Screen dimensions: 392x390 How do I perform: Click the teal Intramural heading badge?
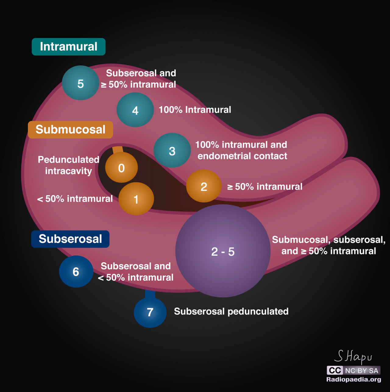tap(69, 47)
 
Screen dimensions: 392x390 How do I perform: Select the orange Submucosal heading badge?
tap(70, 130)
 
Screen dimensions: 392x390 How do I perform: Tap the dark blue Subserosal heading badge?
tap(70, 239)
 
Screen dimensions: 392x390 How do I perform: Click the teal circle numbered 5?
tap(80, 83)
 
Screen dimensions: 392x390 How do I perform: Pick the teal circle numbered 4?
tap(135, 110)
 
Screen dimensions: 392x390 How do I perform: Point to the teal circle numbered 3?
tap(172, 151)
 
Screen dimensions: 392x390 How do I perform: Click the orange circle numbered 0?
tap(121, 168)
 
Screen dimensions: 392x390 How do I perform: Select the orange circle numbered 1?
tap(136, 199)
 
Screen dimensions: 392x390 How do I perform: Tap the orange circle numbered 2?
tap(204, 186)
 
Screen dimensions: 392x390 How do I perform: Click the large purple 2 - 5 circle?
tap(223, 251)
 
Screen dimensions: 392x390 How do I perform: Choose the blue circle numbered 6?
tap(76, 271)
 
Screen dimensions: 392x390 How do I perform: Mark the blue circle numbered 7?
tap(150, 312)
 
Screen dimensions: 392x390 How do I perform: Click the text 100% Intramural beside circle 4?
tap(195, 110)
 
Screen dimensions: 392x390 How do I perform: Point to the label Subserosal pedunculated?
tap(231, 311)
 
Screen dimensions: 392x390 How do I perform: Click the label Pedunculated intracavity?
tap(69, 165)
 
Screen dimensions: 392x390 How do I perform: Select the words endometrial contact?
tap(242, 156)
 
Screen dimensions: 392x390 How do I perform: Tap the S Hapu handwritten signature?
tap(353, 356)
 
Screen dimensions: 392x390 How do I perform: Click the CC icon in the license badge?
tap(335, 370)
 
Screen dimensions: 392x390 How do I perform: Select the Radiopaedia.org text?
tap(353, 380)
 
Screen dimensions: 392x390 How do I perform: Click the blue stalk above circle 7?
tap(150, 294)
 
